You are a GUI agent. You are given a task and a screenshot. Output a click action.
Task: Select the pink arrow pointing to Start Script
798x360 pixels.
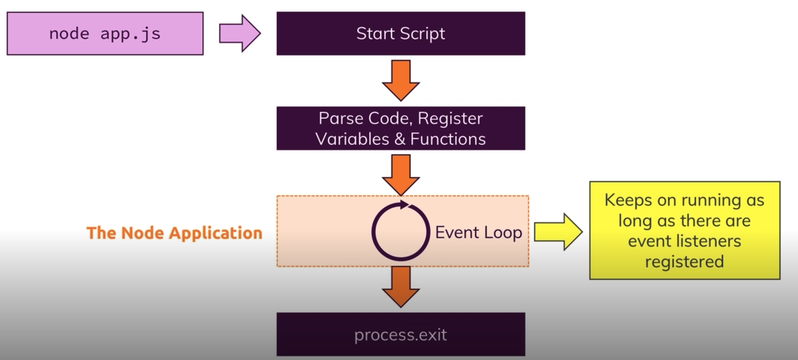(240, 34)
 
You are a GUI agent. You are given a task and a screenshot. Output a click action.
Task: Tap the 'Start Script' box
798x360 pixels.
(401, 34)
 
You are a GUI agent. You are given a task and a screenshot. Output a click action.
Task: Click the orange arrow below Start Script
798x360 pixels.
(401, 81)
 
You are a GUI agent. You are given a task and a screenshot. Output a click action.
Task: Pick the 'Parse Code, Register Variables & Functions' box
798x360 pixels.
(401, 128)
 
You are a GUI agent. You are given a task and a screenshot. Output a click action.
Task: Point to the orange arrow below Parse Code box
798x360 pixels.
(401, 173)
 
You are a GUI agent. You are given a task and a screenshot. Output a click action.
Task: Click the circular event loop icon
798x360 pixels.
(401, 232)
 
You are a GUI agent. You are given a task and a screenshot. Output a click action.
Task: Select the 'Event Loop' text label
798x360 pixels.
(479, 232)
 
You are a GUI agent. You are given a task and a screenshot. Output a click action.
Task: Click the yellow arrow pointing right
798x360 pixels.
(558, 232)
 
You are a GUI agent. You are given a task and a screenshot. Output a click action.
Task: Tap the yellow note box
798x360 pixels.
(684, 230)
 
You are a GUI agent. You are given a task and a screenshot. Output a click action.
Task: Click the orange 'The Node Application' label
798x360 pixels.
(174, 233)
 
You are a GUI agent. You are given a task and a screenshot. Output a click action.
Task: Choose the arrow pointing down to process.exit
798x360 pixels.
(401, 287)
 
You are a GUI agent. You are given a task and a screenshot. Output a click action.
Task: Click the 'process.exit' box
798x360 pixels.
(401, 334)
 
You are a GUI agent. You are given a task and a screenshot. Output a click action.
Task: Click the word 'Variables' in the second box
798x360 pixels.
(351, 138)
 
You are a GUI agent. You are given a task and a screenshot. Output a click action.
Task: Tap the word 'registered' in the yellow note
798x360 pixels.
(684, 262)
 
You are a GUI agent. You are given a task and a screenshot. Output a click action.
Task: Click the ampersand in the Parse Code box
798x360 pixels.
(400, 138)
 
